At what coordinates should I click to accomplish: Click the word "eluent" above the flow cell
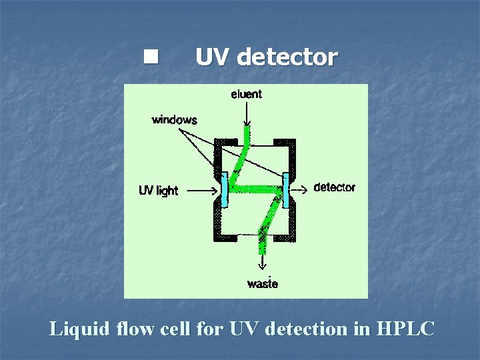tap(247, 94)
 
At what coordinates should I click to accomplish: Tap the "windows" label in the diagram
tap(175, 120)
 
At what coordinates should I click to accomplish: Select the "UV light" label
tap(158, 191)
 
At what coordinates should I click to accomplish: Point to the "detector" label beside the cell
tap(334, 187)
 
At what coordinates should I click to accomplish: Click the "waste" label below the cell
tap(263, 283)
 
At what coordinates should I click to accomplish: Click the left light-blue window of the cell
tap(224, 189)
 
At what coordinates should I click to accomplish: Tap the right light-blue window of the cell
tap(285, 189)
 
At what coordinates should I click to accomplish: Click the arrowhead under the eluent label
tap(247, 121)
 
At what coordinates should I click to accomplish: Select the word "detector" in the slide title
tap(287, 57)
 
